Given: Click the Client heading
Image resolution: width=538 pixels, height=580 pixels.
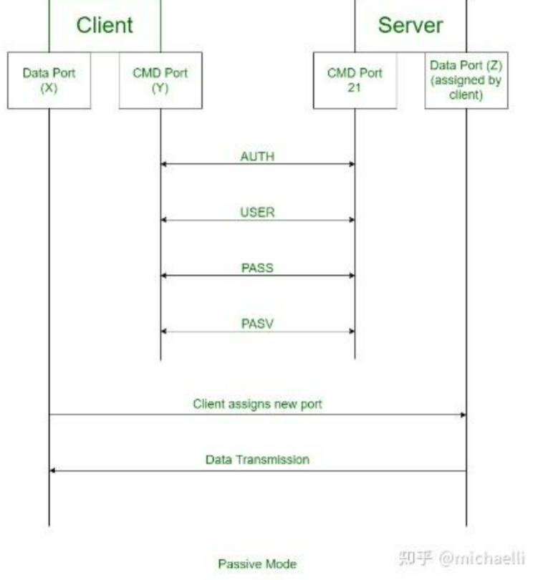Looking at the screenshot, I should pos(105,25).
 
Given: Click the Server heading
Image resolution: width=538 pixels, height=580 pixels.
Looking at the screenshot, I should pos(410,25).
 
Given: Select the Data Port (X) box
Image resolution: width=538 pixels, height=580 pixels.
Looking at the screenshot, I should pos(49,80).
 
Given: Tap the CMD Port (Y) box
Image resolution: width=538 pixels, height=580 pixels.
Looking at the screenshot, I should pos(160,80).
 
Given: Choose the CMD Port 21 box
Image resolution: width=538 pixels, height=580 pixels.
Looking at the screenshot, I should pos(355,80).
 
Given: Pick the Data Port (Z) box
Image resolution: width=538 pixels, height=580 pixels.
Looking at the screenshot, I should pos(466,80).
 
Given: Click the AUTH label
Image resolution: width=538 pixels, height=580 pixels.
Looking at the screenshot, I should pos(257,156).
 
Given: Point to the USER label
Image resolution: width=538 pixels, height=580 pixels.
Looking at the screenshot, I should pos(257,212).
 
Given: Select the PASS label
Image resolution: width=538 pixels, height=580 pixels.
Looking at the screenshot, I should pos(257,268).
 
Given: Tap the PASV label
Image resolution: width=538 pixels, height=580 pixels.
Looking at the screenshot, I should pos(257,324).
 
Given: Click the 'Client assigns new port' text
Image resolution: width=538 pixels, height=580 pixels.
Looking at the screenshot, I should pos(257,404).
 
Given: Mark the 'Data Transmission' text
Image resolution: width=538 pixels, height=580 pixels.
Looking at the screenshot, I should pos(257,460).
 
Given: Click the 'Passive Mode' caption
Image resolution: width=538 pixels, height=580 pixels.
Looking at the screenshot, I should pos(257,564).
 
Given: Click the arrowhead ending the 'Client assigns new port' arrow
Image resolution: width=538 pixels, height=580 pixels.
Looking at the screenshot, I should pos(463,415).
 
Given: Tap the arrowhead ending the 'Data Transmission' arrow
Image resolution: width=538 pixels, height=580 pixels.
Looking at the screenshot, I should pos(52,470).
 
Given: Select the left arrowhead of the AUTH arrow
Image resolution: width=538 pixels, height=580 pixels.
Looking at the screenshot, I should pos(163,164).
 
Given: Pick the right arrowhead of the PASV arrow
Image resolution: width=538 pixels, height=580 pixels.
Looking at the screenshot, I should pos(352,332).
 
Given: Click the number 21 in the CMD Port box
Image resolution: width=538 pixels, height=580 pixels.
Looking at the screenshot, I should pos(355,87).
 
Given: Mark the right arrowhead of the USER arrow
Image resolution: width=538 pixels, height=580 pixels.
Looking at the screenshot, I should pos(352,220).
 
